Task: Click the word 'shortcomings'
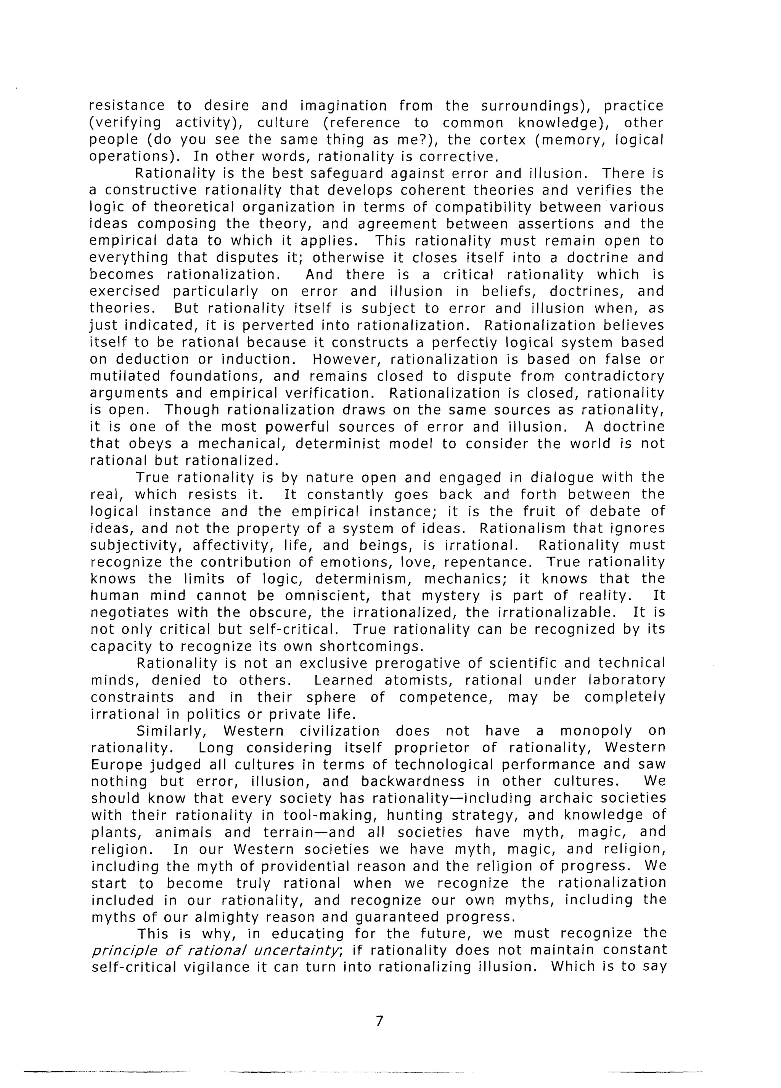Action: pyautogui.click(x=371, y=646)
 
